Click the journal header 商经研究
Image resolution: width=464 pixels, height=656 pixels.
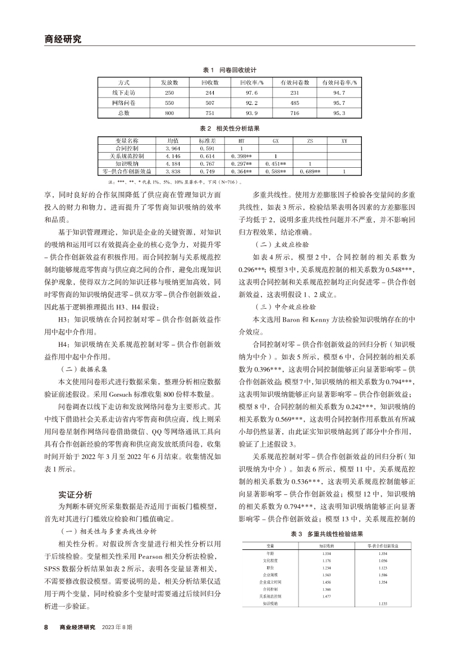pyautogui.click(x=62, y=39)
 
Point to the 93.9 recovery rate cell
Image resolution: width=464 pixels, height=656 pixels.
pyautogui.click(x=252, y=113)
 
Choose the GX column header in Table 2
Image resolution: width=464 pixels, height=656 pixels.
pyautogui.click(x=275, y=140)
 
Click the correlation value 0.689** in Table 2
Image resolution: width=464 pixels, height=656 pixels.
pyautogui.click(x=310, y=171)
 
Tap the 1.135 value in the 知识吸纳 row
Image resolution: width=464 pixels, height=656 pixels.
pyautogui.click(x=383, y=604)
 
